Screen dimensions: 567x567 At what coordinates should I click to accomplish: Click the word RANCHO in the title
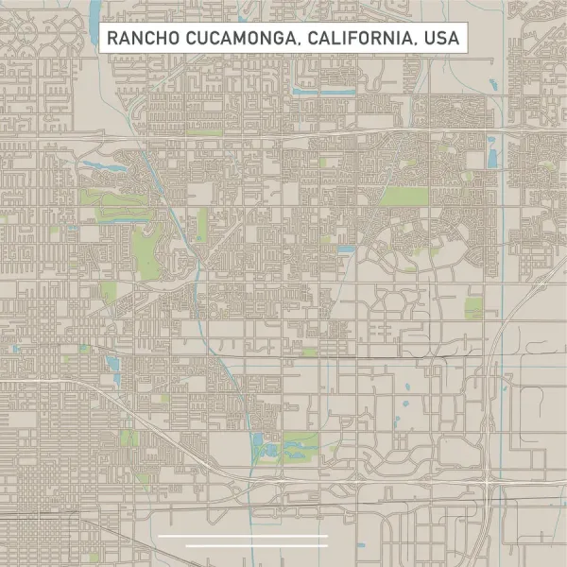click(x=138, y=39)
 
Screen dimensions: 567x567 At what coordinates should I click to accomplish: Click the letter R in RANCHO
click(x=111, y=39)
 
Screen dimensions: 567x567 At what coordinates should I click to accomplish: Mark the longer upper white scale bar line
click(x=243, y=536)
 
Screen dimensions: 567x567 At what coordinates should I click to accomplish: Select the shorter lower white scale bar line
click(x=257, y=545)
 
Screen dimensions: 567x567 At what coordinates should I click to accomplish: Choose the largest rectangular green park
click(x=404, y=198)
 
